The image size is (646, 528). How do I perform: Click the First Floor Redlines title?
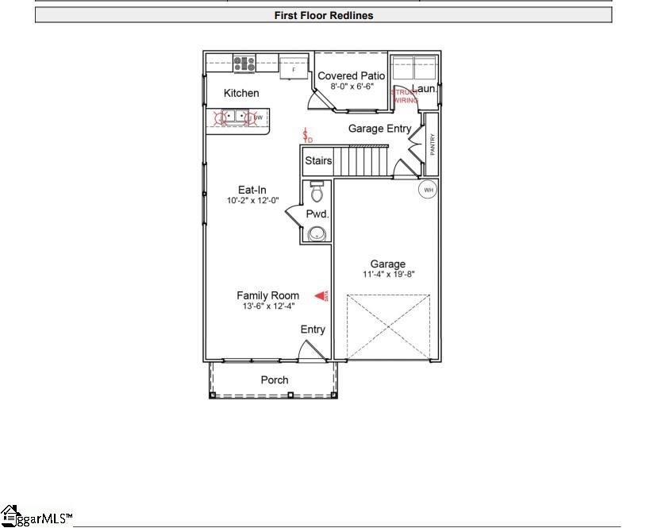click(323, 15)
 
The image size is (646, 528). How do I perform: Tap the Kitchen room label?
click(241, 93)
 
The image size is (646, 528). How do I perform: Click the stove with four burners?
click(244, 62)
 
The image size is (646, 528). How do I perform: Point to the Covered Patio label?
click(351, 76)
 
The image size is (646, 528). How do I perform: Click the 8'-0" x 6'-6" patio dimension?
click(351, 86)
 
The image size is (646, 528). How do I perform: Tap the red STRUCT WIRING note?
click(404, 96)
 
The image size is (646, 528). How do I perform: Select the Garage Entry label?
click(379, 129)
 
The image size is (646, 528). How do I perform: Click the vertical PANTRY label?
click(433, 144)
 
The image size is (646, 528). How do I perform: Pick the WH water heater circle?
click(429, 190)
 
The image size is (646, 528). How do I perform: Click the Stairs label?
click(318, 161)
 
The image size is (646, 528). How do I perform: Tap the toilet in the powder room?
click(317, 192)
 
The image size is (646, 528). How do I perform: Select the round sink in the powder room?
click(317, 233)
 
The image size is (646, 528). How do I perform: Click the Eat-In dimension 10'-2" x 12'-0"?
click(252, 200)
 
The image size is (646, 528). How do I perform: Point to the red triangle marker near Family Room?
click(321, 296)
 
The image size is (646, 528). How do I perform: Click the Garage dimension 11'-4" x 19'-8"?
click(388, 274)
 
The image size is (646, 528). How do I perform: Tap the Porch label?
click(275, 380)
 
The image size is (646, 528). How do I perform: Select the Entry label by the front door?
click(313, 330)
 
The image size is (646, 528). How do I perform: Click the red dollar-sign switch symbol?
click(306, 136)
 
